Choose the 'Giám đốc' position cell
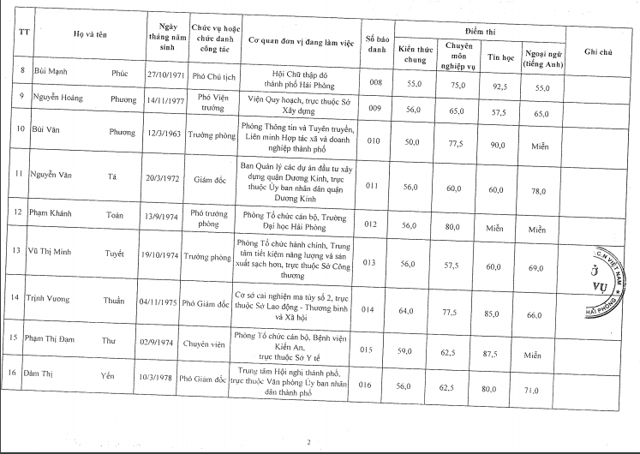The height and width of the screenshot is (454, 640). pyautogui.click(x=210, y=182)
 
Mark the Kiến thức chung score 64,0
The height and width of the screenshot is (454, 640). pyautogui.click(x=415, y=315)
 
